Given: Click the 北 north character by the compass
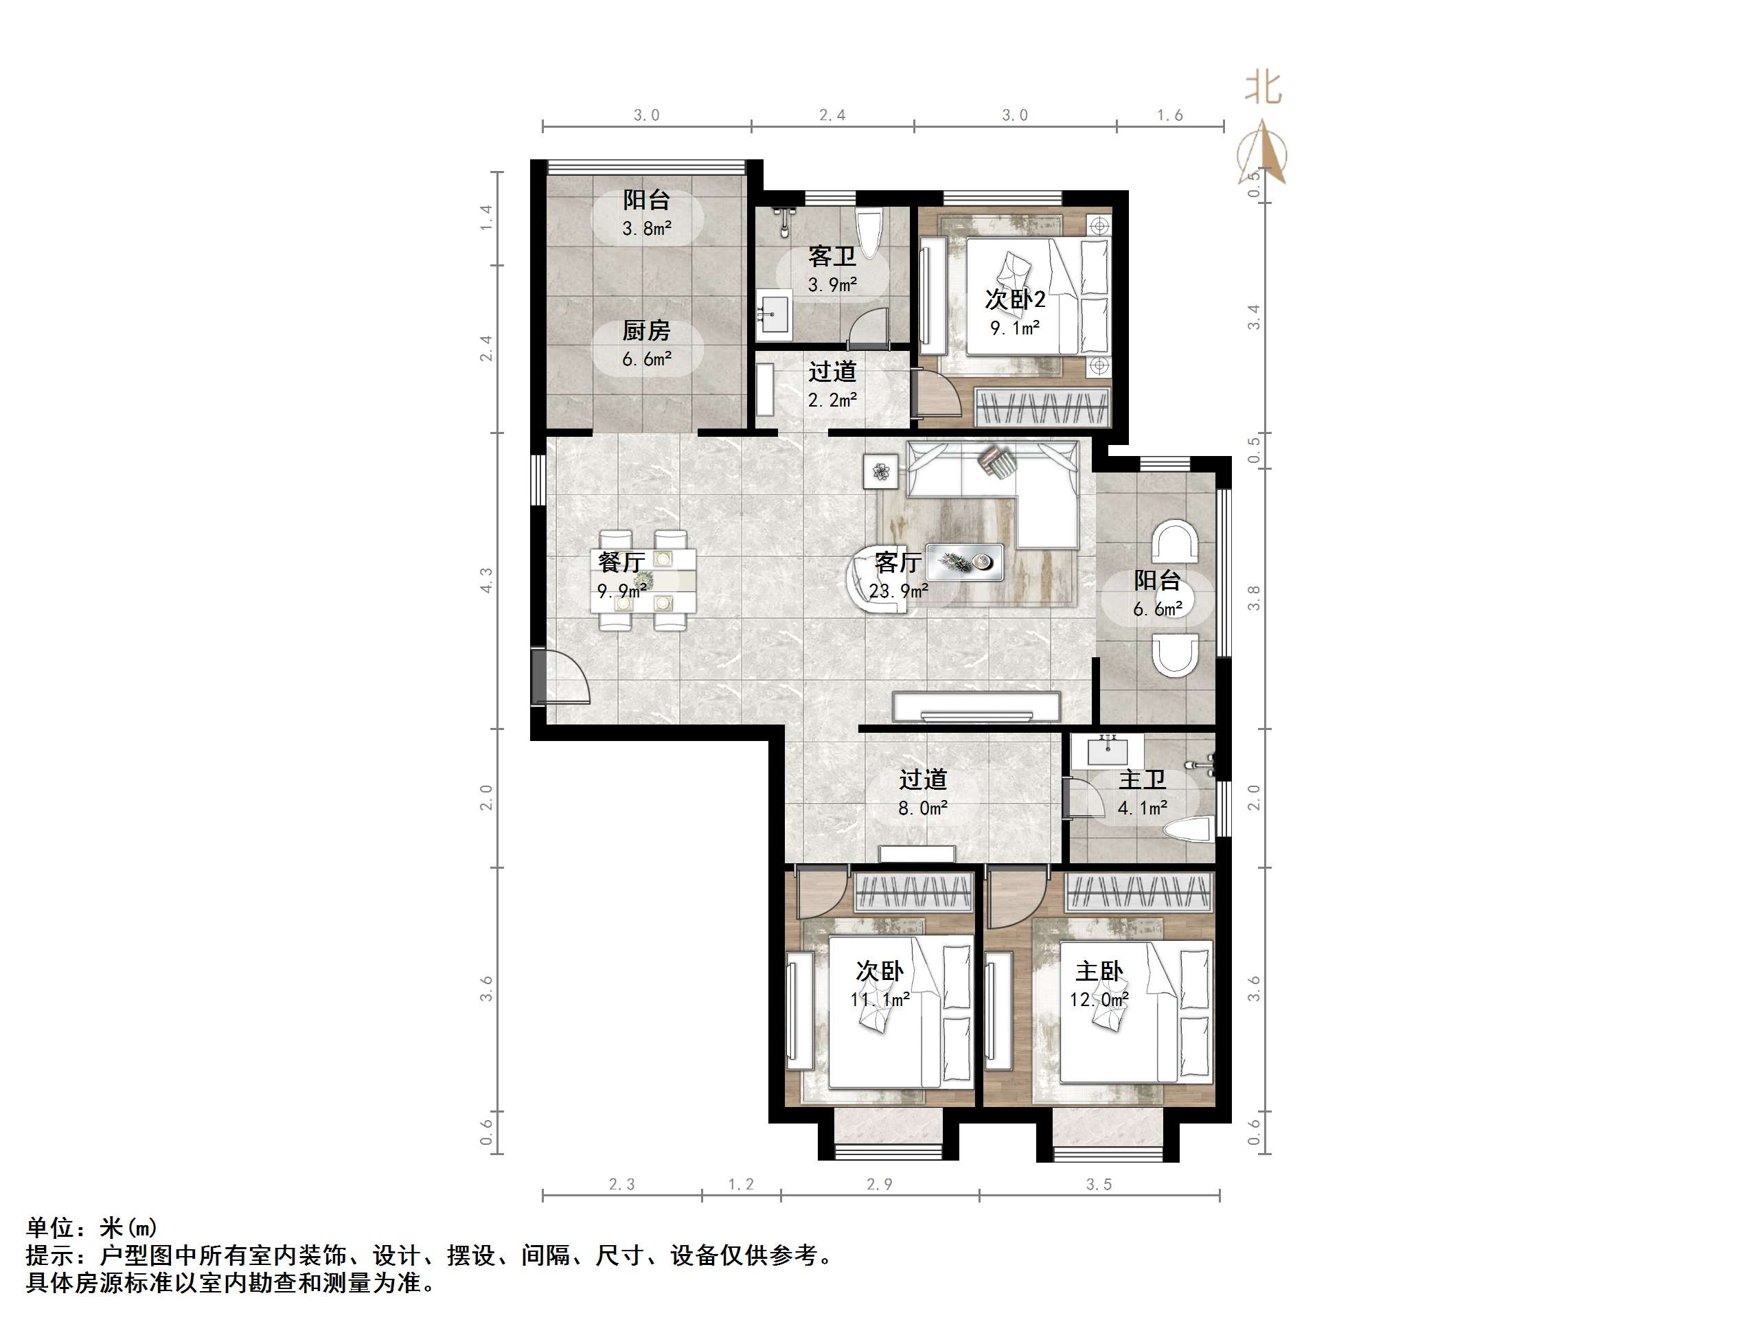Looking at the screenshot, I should [x=1263, y=89].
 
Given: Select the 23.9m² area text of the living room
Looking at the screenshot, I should [x=899, y=591].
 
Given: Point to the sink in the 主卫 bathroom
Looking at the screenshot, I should [x=1107, y=750].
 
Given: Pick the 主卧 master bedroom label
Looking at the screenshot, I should [x=1099, y=971].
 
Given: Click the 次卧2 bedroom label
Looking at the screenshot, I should [x=1015, y=299].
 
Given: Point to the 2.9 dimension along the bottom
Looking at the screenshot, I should [x=880, y=1185].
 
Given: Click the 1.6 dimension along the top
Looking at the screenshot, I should [x=1169, y=115].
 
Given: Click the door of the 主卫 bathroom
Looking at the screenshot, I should [x=1077, y=797].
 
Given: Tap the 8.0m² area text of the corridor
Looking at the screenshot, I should [x=922, y=809].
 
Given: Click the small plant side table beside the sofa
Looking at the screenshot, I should [x=880, y=472].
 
